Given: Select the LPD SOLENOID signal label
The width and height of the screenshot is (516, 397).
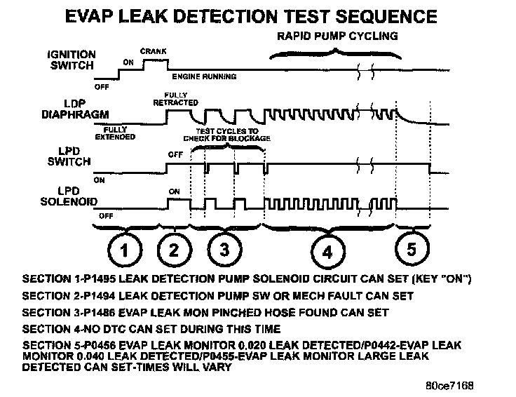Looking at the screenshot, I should pyautogui.click(x=65, y=197).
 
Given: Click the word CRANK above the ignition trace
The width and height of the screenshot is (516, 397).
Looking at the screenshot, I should pyautogui.click(x=152, y=51).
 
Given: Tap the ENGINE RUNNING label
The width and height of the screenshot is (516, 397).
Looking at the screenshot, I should pyautogui.click(x=204, y=76).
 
